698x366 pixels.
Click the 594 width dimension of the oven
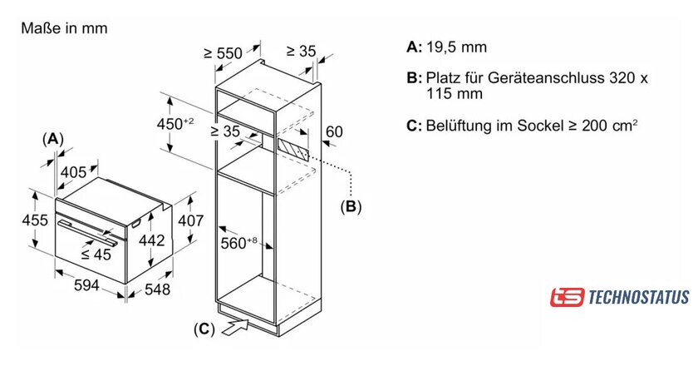coord(86,284)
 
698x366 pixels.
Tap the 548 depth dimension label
coord(157,289)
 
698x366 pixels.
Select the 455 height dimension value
coord(35,220)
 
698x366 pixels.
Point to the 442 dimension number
coord(152,240)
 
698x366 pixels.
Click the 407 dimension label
coord(190,220)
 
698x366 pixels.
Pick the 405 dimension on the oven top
coord(73,172)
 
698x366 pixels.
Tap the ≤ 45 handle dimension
coord(96,254)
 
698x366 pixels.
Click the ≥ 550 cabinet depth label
coord(223,53)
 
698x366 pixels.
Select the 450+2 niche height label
coord(175,123)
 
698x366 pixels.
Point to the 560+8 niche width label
coord(239,243)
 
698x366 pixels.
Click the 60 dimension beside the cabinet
coord(334,131)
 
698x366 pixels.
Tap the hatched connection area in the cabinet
coord(292,149)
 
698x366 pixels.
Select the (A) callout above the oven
coord(52,139)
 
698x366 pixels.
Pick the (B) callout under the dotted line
coord(351,206)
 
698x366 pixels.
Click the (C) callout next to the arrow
coord(204,329)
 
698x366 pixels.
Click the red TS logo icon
coord(567,297)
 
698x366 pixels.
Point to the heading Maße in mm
coord(64,28)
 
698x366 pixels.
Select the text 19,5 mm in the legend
coord(457,47)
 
